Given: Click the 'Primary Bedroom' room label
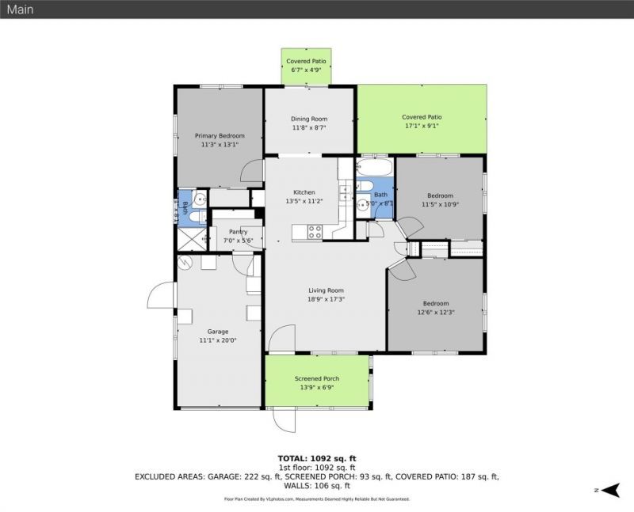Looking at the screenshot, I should [x=220, y=136].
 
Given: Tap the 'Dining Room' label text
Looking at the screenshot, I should [x=308, y=119].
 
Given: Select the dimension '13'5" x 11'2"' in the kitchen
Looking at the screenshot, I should [x=304, y=201].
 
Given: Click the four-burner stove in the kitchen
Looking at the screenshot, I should [x=314, y=231].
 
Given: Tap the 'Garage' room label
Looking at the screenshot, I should [x=218, y=332].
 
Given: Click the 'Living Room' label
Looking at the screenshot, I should [x=325, y=290].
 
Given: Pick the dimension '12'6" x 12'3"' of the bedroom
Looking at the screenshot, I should [x=435, y=312].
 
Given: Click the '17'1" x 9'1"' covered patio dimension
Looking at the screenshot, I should [x=422, y=125].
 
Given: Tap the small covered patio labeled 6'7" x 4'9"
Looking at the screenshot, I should [x=306, y=66].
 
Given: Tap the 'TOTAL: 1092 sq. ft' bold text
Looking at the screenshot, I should [x=317, y=458].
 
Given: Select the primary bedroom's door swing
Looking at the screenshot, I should [x=253, y=170].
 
